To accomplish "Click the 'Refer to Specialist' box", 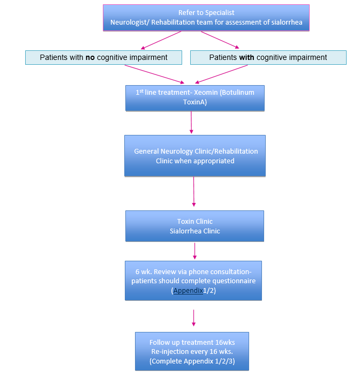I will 206,18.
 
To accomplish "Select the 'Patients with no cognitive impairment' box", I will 103,57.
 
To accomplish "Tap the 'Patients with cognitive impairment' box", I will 268,57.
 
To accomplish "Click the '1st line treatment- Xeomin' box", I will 194,98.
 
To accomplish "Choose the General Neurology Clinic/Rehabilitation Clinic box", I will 195,156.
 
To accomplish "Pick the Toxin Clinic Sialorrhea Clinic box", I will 194,226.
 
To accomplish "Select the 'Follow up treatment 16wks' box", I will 192,351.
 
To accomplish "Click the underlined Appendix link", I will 187,291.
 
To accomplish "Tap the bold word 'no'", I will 90,57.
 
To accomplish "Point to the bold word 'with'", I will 246,57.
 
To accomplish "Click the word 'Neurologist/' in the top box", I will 130,22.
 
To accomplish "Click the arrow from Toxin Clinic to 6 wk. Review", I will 194,251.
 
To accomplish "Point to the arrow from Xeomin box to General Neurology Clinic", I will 191,123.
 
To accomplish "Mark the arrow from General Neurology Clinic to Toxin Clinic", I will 193,192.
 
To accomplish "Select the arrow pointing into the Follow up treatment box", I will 193,317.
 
